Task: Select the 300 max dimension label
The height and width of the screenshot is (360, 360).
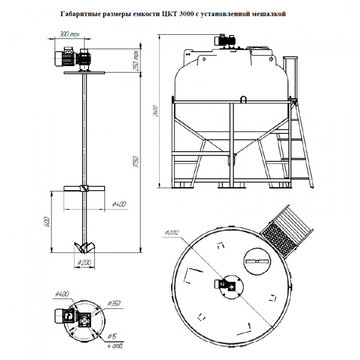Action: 70,34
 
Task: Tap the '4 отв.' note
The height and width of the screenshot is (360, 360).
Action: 113,346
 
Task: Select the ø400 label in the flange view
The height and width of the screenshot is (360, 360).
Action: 61,293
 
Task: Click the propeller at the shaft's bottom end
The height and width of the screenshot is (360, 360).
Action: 83,246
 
